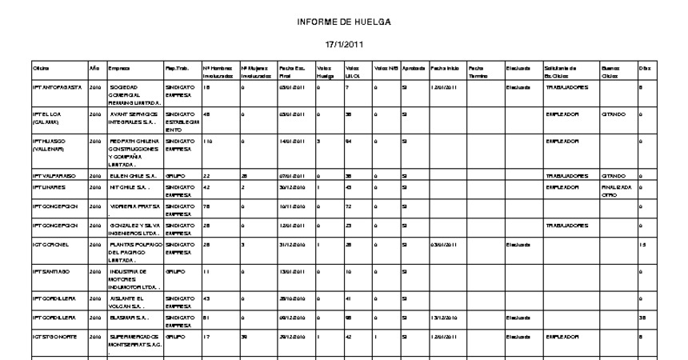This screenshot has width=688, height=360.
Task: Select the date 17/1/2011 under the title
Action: click(x=344, y=43)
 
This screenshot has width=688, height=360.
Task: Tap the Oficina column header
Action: click(x=41, y=68)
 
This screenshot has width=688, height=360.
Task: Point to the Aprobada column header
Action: click(x=414, y=68)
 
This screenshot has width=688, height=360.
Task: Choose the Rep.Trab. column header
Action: click(x=175, y=68)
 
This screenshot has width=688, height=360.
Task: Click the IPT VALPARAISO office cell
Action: click(x=53, y=175)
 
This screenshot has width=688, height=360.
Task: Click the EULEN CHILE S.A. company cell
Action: click(x=130, y=175)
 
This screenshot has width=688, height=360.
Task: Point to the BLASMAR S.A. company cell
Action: click(x=128, y=318)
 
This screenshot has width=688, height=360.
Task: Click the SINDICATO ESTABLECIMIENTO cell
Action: click(x=181, y=121)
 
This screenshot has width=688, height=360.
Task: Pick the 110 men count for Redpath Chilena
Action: click(x=208, y=141)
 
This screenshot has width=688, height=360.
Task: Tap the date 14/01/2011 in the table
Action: click(x=289, y=141)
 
